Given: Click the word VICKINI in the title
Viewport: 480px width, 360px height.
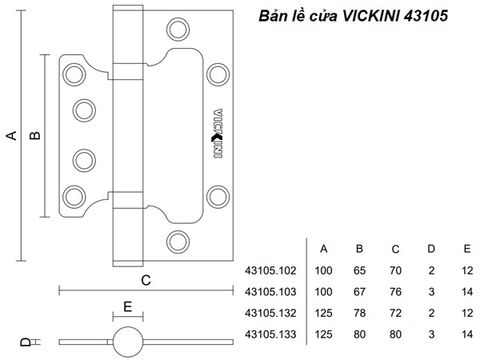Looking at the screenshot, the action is point(371,16).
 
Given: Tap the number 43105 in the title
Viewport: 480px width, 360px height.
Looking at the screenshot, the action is point(426,16).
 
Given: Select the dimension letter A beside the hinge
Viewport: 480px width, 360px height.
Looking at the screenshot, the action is point(12,136).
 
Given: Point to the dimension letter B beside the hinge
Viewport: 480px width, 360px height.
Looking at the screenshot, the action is point(35,135).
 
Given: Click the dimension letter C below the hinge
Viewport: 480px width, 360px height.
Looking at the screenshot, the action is point(146,281).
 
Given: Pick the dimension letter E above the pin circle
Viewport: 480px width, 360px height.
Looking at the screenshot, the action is point(128,307).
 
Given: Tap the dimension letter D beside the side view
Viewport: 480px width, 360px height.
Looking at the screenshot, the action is point(25,342).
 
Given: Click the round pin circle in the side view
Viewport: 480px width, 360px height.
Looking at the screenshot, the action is point(128,342).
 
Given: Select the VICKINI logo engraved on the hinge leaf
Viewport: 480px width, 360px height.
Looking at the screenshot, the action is point(218,133).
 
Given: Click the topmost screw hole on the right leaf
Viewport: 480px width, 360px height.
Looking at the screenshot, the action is point(178,30).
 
